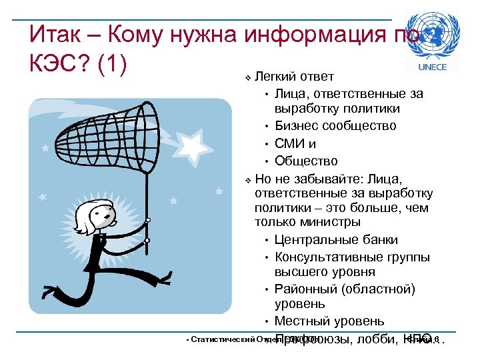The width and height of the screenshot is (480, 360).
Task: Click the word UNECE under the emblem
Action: (431, 67)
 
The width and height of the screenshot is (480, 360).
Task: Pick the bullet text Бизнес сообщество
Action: (335, 126)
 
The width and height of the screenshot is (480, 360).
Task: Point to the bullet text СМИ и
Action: (295, 143)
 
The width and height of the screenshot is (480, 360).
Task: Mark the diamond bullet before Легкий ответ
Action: (248, 78)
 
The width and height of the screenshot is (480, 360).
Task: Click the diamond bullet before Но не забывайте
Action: (248, 179)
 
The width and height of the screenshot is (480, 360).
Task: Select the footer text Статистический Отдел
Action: (227, 340)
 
